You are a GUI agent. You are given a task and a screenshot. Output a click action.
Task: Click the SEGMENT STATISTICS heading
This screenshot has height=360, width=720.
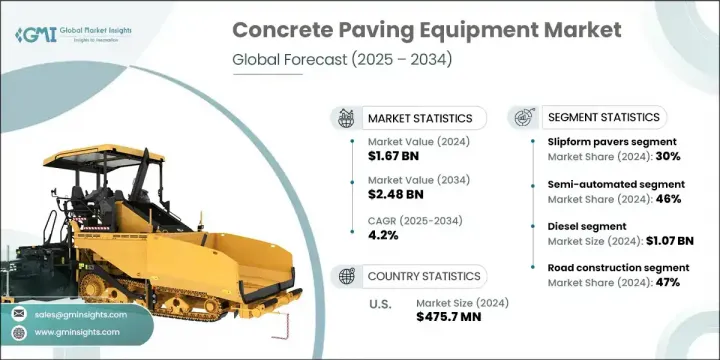click(602, 117)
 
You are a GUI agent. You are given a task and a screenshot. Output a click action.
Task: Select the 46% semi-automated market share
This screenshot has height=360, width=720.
click(669, 198)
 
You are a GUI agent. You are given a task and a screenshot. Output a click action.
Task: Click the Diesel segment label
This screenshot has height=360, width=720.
click(570, 226)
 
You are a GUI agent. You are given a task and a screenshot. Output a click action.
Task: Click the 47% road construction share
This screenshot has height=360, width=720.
click(669, 282)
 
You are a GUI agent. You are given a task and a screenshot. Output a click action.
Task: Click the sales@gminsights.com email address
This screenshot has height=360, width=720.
click(80, 313)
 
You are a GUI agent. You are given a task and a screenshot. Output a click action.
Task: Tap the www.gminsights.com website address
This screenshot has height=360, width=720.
click(80, 332)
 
